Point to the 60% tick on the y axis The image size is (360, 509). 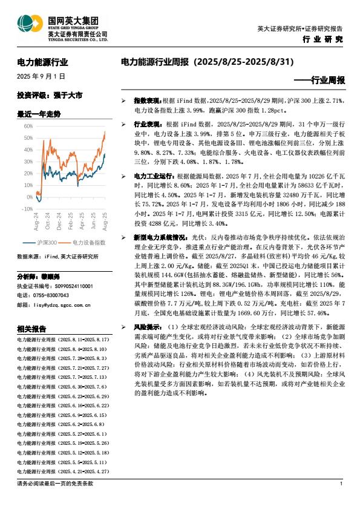point(28,126)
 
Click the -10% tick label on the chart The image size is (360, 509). point(27,208)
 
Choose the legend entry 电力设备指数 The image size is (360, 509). point(91,243)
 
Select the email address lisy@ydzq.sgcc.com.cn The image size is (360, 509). point(62,288)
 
